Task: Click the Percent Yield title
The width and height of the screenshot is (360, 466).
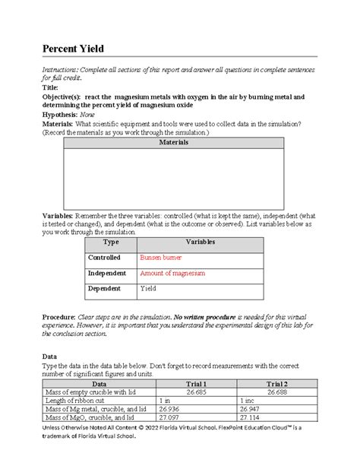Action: pyautogui.click(x=72, y=49)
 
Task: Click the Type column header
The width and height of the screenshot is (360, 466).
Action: pyautogui.click(x=110, y=242)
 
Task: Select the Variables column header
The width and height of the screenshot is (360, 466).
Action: pyautogui.click(x=200, y=242)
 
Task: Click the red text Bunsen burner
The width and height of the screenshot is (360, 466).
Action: pyautogui.click(x=160, y=258)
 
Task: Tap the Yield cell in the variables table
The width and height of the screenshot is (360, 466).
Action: pyautogui.click(x=148, y=289)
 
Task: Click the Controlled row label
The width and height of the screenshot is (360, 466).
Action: pyautogui.click(x=105, y=258)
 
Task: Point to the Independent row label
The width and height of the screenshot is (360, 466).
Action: pyautogui.click(x=106, y=273)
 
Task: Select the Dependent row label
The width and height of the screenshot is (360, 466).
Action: pyautogui.click(x=104, y=289)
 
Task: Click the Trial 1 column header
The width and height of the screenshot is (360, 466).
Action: pyautogui.click(x=195, y=385)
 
